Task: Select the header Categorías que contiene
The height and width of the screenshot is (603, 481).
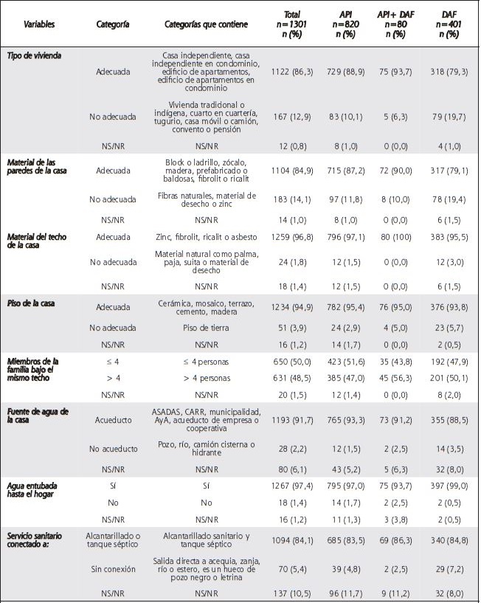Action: tap(203, 24)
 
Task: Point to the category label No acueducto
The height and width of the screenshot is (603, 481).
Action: tap(114, 449)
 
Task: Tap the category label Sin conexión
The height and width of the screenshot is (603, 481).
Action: tap(114, 571)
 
